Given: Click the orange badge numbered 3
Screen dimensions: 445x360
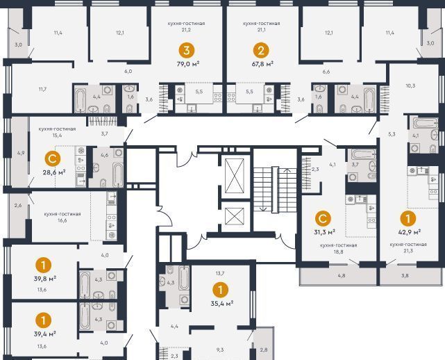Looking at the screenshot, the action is pyautogui.click(x=187, y=51).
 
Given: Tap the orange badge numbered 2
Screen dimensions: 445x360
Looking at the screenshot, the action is pyautogui.click(x=261, y=51).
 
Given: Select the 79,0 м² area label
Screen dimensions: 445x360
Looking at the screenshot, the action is pyautogui.click(x=188, y=64).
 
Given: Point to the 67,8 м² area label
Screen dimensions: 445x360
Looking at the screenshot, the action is pyautogui.click(x=262, y=64).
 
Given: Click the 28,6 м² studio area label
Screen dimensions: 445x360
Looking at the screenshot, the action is pyautogui.click(x=54, y=172).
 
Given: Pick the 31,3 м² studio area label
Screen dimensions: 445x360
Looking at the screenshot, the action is pyautogui.click(x=324, y=232).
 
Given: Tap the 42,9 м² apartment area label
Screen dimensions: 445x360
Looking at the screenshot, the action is pyautogui.click(x=409, y=232).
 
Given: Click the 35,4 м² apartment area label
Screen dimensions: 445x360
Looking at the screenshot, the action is pyautogui.click(x=222, y=303).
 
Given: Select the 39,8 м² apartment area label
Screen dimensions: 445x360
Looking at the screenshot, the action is pyautogui.click(x=45, y=279).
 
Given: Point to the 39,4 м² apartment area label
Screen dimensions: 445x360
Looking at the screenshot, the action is pyautogui.click(x=44, y=334).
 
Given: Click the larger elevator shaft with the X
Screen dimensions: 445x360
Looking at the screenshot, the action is pyautogui.click(x=235, y=176).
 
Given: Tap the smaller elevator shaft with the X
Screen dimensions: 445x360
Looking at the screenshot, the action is pyautogui.click(x=235, y=216).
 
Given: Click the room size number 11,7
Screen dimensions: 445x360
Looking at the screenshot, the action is pyautogui.click(x=42, y=89).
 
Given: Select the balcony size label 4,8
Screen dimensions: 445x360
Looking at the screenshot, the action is pyautogui.click(x=342, y=275).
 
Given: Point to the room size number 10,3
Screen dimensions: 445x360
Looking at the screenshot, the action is pyautogui.click(x=410, y=85).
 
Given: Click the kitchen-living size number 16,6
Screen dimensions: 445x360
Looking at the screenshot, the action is pyautogui.click(x=62, y=220).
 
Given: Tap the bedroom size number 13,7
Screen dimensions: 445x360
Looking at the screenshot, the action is pyautogui.click(x=220, y=273).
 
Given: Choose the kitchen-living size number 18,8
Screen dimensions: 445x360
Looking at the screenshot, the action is pyautogui.click(x=338, y=252).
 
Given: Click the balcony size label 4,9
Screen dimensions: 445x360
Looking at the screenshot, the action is pyautogui.click(x=21, y=153).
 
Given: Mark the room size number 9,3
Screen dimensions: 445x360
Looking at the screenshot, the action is pyautogui.click(x=220, y=350).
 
